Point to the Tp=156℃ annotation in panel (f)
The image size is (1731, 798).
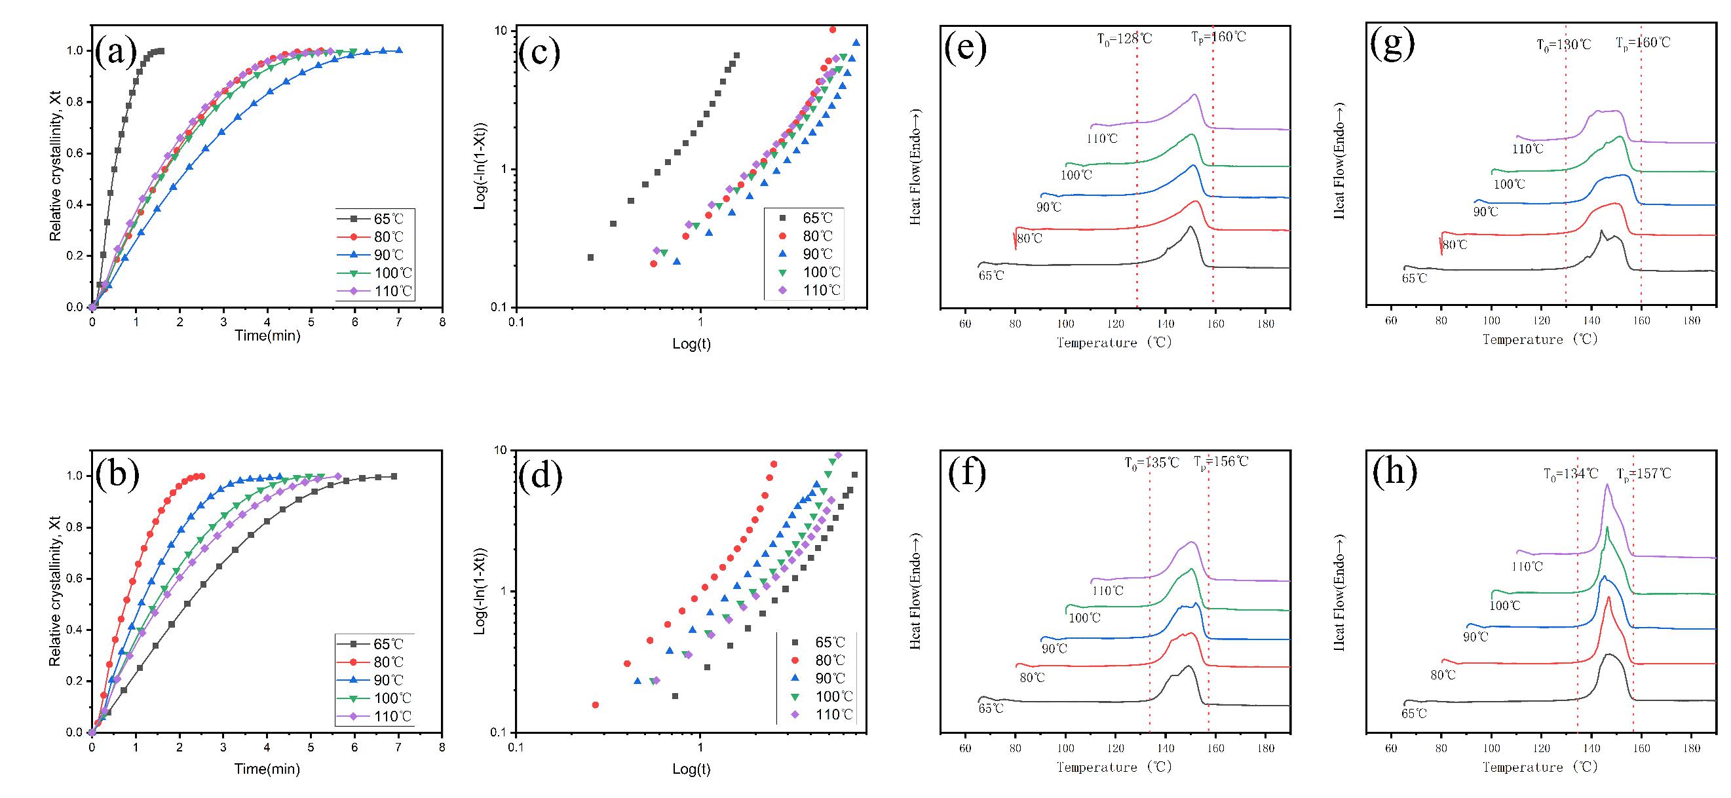point(1221,461)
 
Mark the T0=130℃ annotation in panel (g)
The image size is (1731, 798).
point(1565,45)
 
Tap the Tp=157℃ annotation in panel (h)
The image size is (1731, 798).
point(1644,474)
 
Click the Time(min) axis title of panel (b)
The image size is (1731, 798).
point(267,769)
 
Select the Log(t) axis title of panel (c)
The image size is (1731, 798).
point(691,345)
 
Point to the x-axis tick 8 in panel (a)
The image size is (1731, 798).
point(442,321)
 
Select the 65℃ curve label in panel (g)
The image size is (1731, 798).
point(1415,278)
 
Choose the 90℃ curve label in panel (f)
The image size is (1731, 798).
point(1054,649)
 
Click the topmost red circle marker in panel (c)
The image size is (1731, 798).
point(833,29)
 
